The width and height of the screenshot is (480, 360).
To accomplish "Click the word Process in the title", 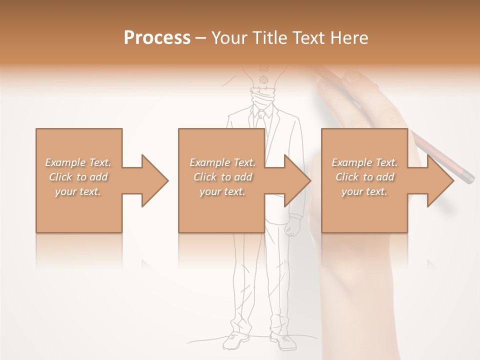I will point(157,38).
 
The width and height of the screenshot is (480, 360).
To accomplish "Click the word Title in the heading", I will point(268,38).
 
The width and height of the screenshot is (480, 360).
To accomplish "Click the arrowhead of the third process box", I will point(439,180).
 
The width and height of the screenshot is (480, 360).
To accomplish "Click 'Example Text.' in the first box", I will point(78,162).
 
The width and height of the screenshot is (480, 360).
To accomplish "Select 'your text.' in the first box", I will point(78,191).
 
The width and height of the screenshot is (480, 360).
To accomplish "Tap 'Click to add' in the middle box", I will point(222,177).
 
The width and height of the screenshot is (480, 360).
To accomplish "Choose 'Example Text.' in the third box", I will point(364,162).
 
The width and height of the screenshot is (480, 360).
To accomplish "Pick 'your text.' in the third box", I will point(364,191).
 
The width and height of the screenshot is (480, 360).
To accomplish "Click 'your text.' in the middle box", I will point(222,191).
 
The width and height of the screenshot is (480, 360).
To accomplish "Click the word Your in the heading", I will point(227,38).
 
